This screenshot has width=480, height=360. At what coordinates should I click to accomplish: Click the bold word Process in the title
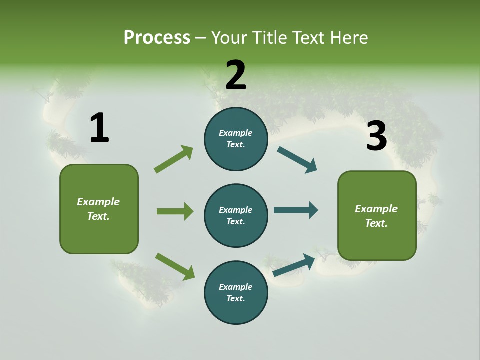coord(157,38)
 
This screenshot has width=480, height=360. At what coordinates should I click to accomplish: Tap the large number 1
coord(99,128)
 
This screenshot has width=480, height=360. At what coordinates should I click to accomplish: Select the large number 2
coord(236,75)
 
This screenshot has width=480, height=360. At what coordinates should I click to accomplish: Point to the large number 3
coord(376,136)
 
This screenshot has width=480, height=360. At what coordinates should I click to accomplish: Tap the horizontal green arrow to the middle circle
coord(175,211)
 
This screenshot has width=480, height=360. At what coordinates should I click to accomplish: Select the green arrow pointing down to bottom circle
coord(175,266)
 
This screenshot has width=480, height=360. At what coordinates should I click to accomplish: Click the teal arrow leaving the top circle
coord(297,160)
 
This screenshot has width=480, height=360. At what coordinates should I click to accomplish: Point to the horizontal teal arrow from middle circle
coord(296,210)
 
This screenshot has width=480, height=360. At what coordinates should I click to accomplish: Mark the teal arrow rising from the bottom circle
coord(294,265)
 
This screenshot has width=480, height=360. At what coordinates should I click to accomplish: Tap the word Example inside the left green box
coord(98,202)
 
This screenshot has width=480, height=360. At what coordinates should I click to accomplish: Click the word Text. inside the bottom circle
coord(235,299)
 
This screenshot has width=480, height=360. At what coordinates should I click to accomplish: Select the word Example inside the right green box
coord(376,209)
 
